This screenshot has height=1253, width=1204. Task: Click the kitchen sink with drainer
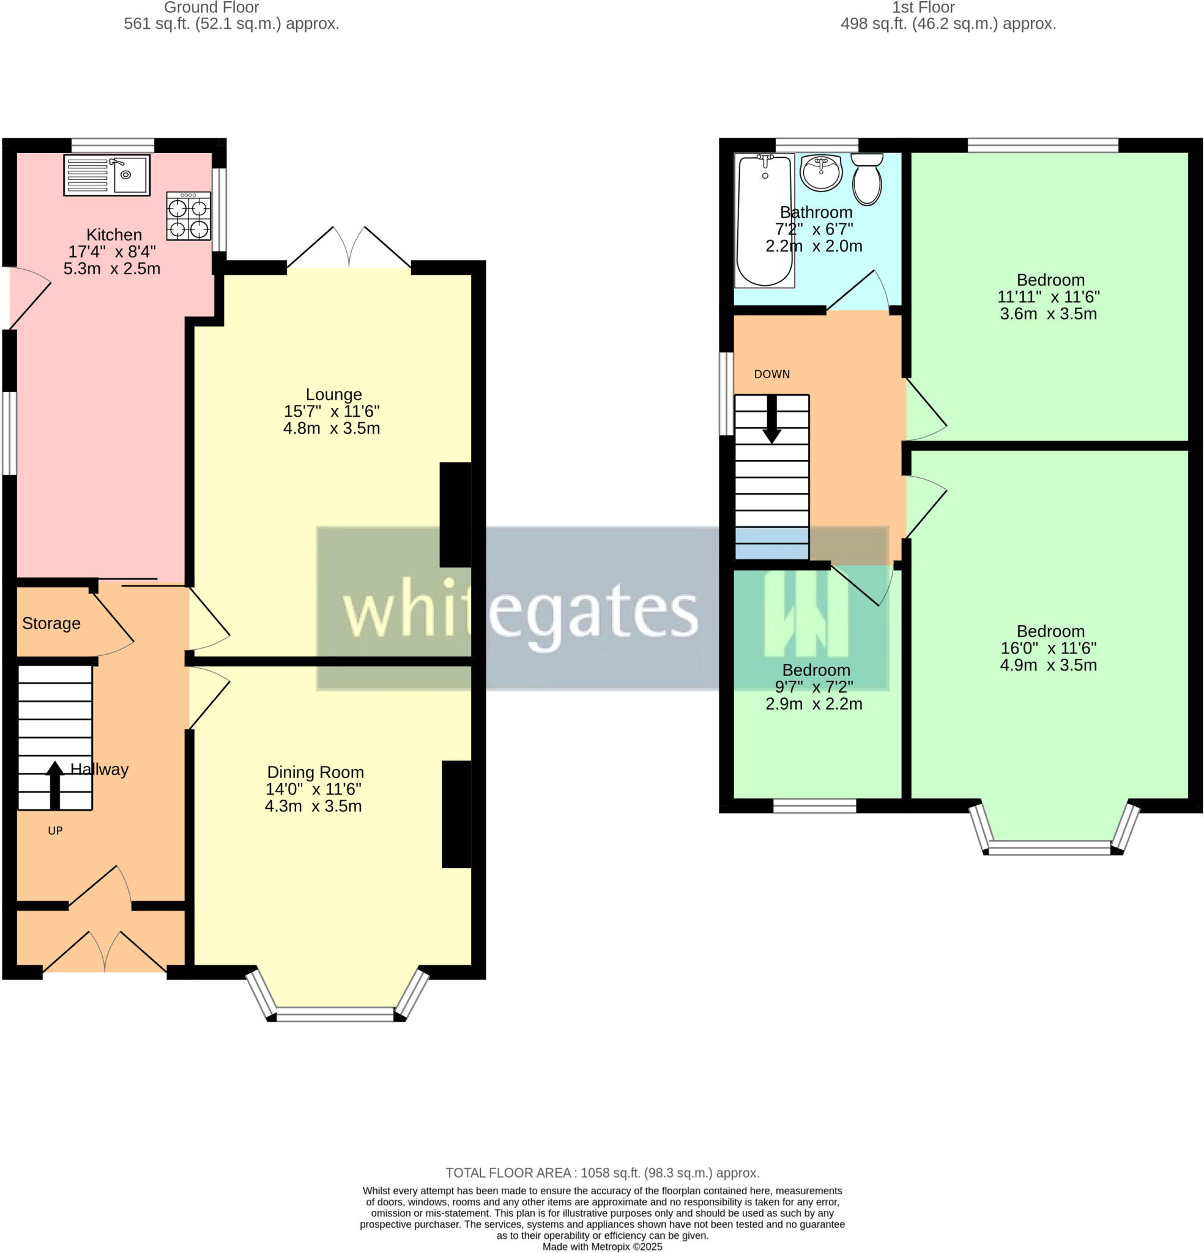pyautogui.click(x=107, y=174)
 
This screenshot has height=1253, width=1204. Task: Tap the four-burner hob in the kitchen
pyautogui.click(x=188, y=216)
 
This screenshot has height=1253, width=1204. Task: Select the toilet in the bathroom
pyautogui.click(x=866, y=180)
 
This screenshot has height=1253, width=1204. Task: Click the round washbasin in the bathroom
pyautogui.click(x=820, y=173)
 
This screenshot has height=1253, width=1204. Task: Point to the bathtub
pyautogui.click(x=764, y=220)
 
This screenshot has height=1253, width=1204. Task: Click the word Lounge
pyautogui.click(x=333, y=395)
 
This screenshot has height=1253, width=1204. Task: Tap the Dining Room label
pyautogui.click(x=315, y=772)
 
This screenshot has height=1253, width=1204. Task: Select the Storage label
pyautogui.click(x=51, y=623)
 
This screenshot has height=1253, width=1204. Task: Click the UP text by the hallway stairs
pyautogui.click(x=55, y=831)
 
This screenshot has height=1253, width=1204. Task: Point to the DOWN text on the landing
pyautogui.click(x=771, y=374)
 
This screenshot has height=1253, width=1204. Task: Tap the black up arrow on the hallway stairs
pyautogui.click(x=55, y=784)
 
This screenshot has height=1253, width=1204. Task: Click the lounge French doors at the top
pyautogui.click(x=349, y=250)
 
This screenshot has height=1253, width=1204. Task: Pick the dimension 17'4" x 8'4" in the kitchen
pyautogui.click(x=112, y=252)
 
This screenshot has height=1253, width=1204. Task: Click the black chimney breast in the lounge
pyautogui.click(x=455, y=515)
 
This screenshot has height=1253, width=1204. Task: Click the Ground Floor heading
pyautogui.click(x=212, y=8)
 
